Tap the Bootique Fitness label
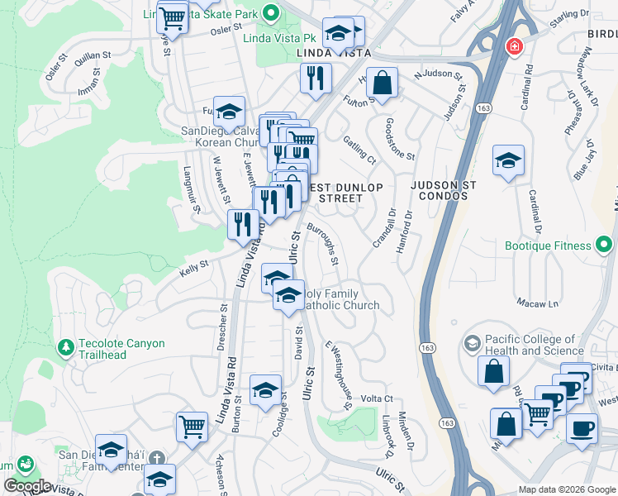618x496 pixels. pos(549,246)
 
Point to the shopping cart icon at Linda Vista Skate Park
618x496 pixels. pos(173,17)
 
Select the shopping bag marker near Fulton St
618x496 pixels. pos(382,82)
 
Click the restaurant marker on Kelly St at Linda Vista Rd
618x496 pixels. pos(243,224)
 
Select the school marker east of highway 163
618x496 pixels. pos(508,160)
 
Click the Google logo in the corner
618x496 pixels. pos(27,486)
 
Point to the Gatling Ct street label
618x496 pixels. pos(360,150)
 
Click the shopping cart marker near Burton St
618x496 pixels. pos(192,427)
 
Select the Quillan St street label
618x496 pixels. pos(92,55)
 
